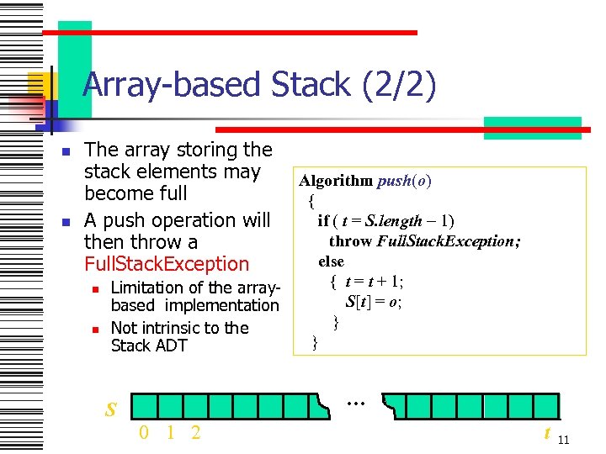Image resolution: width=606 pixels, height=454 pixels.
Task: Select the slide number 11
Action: click(x=564, y=440)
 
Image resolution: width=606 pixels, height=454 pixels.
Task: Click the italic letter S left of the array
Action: click(x=109, y=410)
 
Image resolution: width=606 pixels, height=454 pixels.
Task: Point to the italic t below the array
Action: click(x=547, y=433)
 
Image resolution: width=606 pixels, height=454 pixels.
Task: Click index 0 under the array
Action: click(x=145, y=433)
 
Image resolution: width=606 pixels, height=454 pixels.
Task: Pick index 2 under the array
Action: click(x=195, y=433)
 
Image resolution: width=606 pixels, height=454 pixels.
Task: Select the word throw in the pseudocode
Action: click(x=350, y=241)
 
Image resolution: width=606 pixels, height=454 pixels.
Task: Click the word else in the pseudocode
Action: click(x=331, y=261)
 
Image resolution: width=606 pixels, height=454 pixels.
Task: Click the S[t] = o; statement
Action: click(x=374, y=302)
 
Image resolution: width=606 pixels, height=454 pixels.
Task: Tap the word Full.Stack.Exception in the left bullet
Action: click(x=167, y=264)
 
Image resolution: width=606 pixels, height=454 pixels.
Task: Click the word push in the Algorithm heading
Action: click(x=393, y=181)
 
